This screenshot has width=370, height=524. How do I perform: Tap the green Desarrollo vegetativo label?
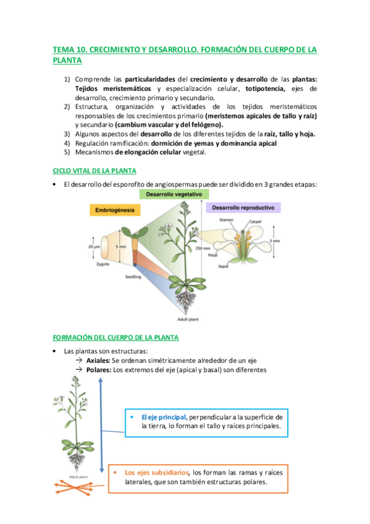point(172,193)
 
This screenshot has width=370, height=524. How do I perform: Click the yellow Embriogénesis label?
point(116,211)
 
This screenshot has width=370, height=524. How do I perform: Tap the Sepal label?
point(223,266)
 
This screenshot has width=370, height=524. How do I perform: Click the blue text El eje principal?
point(164,417)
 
